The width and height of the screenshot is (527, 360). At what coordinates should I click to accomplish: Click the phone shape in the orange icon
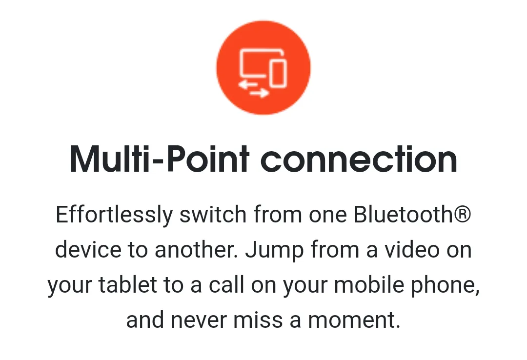coord(279,73)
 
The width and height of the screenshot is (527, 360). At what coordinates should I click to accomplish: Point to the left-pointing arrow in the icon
coord(247,84)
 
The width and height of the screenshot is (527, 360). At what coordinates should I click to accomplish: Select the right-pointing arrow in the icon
coord(260,93)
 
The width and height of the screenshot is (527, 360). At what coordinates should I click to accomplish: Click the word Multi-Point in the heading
coord(160,159)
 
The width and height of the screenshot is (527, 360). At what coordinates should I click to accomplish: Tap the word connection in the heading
coord(359,160)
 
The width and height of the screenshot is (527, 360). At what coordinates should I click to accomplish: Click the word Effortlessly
coord(114,215)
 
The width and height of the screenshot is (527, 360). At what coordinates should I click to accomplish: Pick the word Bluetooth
coord(404,214)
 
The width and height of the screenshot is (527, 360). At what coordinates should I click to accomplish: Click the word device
coord(88,249)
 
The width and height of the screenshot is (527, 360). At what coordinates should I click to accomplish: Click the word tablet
coord(128,285)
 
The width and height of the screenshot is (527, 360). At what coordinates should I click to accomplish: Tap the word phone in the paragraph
coord(443,286)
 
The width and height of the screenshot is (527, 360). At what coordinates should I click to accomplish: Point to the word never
coord(199,320)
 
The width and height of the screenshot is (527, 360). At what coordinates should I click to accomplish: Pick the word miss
coord(258,320)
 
